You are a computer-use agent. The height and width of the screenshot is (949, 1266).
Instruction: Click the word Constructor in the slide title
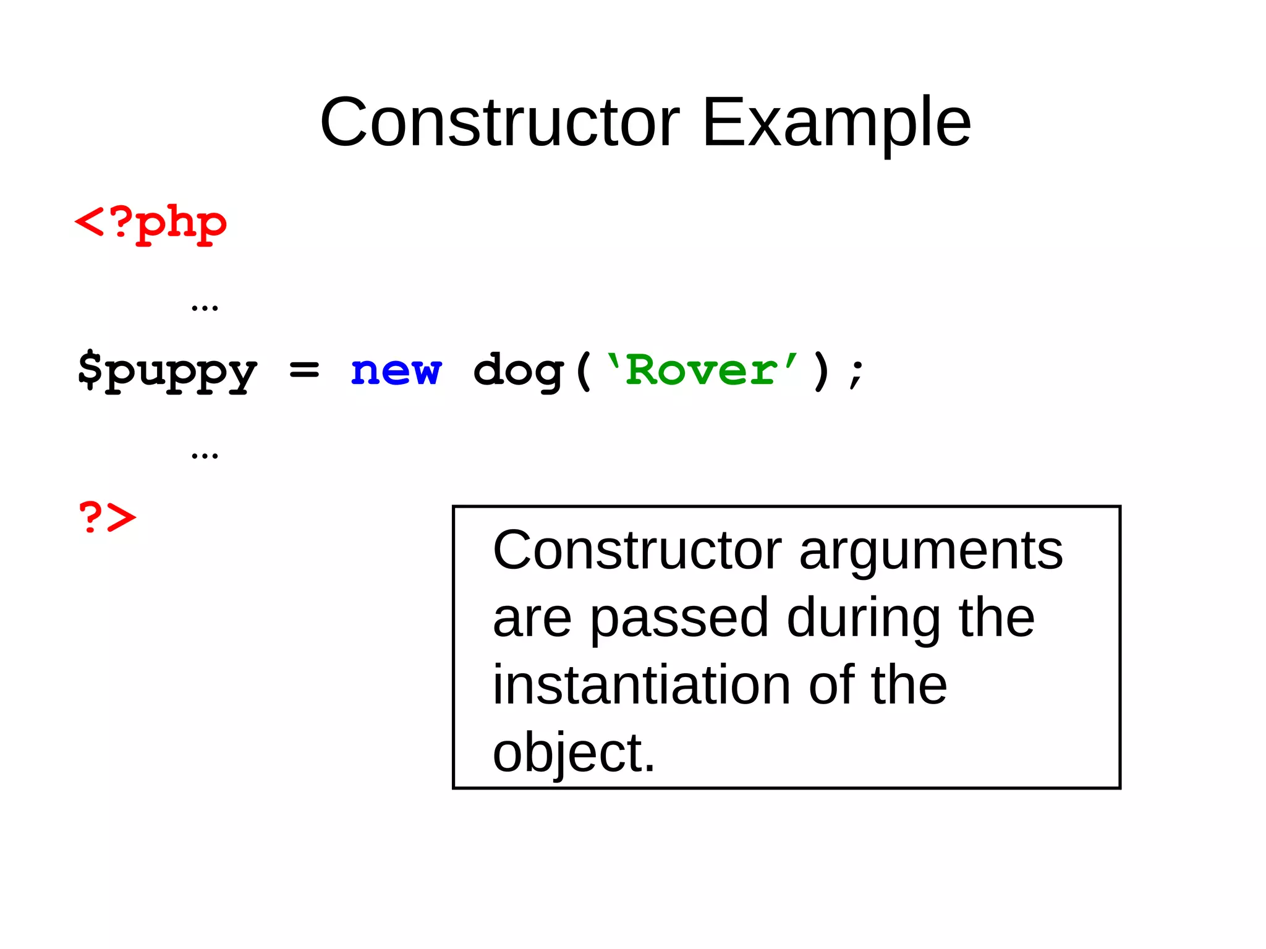499,122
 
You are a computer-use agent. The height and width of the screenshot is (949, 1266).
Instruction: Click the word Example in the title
836,124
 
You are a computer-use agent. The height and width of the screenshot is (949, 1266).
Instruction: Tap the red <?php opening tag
150,223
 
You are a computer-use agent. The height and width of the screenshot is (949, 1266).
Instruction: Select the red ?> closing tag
107,517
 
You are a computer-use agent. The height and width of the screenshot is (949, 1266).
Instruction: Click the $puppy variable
167,371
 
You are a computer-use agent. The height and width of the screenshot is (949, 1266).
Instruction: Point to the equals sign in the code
304,370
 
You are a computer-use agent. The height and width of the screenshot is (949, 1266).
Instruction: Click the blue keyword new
396,371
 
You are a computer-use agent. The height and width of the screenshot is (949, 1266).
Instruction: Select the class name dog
518,371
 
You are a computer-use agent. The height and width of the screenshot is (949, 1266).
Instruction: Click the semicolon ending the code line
856,373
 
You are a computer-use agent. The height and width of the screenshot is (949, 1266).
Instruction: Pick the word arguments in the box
931,551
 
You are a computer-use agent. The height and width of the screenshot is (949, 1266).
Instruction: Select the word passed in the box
679,619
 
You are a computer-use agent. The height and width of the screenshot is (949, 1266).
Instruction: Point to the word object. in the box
574,754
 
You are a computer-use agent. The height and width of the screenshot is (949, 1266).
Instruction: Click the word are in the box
532,619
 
